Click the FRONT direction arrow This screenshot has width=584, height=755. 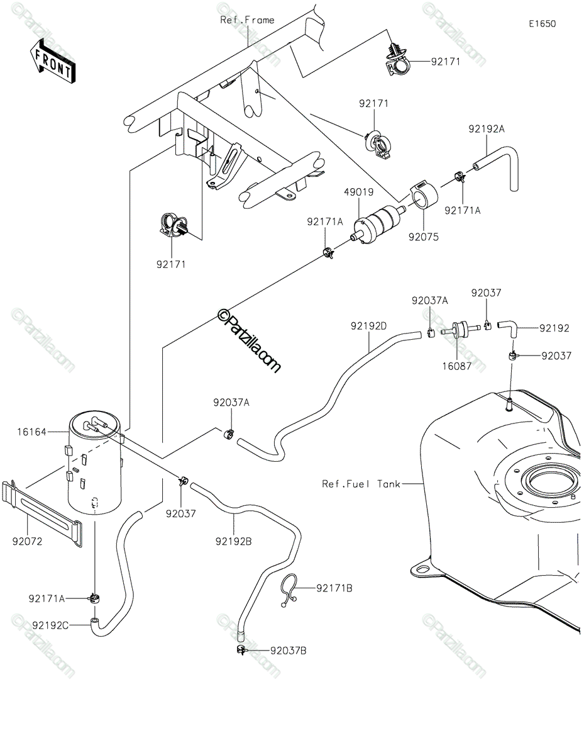click(52, 61)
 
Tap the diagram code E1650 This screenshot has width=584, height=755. click(543, 24)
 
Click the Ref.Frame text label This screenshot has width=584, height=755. click(248, 20)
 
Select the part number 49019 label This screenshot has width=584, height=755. click(359, 192)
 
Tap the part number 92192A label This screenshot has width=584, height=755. click(487, 129)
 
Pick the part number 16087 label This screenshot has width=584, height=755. click(456, 366)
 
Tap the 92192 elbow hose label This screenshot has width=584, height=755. click(554, 328)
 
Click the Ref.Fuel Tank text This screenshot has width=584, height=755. click(361, 484)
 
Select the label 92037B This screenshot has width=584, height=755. click(289, 651)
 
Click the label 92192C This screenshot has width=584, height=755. click(50, 625)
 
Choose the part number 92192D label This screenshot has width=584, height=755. click(368, 326)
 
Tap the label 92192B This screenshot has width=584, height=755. click(233, 541)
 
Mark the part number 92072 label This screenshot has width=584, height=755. click(27, 541)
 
